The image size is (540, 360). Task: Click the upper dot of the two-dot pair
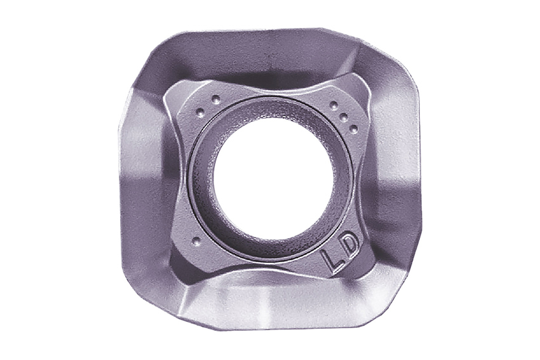(x=216, y=100)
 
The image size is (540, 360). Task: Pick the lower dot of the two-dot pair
(x=200, y=112)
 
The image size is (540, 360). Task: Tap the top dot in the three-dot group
(x=334, y=105)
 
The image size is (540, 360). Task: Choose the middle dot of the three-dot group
(x=343, y=117)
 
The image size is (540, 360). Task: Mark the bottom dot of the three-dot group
(x=353, y=128)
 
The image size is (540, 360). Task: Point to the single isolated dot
(x=196, y=241)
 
